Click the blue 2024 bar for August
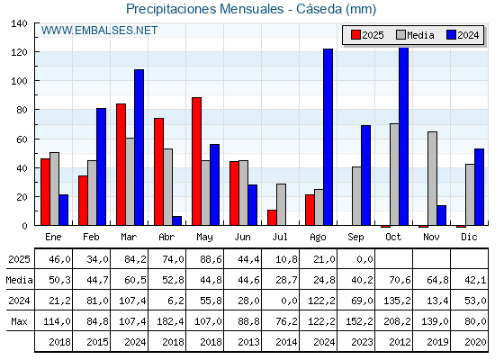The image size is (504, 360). (328, 137)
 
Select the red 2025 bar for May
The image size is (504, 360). (197, 161)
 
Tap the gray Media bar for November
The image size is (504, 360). (432, 178)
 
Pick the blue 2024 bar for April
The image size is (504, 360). (176, 220)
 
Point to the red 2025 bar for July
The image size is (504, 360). (272, 218)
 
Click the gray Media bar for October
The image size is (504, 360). (394, 175)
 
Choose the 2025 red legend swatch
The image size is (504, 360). (355, 35)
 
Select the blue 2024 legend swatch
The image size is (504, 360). (451, 35)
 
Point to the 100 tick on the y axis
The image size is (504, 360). (21, 81)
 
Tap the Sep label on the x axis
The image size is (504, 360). (355, 238)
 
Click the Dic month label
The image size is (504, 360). (469, 237)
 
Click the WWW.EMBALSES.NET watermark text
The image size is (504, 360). (99, 31)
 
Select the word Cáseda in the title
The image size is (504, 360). (319, 9)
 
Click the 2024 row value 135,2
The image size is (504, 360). (397, 301)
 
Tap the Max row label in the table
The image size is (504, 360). (19, 321)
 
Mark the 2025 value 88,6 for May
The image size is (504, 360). (211, 259)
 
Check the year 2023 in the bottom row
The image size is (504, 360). (362, 342)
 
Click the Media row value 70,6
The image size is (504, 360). (400, 280)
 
